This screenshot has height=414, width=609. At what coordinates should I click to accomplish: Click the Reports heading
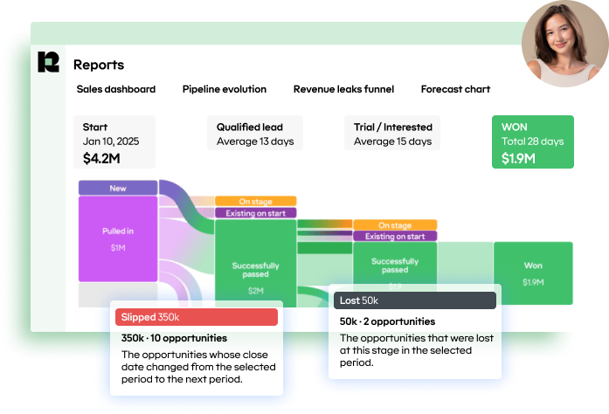coord(99,65)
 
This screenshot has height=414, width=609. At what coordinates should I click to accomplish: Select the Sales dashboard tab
coord(116,89)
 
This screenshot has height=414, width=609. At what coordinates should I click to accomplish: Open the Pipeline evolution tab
coord(225,89)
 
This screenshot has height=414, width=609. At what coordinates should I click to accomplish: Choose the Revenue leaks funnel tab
coord(343,89)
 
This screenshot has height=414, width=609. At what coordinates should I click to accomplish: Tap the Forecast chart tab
coord(455,89)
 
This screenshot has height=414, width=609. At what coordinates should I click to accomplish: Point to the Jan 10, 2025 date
coord(111,141)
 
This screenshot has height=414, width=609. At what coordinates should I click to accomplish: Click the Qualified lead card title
coord(249,128)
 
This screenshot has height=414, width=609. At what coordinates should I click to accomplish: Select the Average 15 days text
coord(392,141)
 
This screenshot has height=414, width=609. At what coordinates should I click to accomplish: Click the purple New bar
coord(118,188)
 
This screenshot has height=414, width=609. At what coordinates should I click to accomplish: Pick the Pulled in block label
coord(118,231)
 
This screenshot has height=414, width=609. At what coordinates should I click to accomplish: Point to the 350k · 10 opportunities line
coord(174,338)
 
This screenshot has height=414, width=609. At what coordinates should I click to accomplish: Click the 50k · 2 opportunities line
coord(387,321)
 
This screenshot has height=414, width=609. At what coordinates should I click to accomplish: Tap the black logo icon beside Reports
coord(48,63)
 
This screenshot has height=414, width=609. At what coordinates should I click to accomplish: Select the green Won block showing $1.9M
coord(533,272)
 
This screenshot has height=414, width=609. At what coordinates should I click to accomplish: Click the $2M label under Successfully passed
coord(255,290)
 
